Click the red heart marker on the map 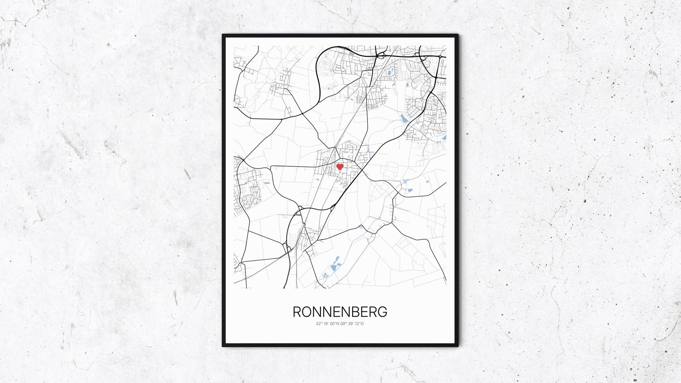(x=340, y=167)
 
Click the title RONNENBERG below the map (x=340, y=312)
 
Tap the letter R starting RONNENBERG (x=297, y=312)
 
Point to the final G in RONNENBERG (x=382, y=312)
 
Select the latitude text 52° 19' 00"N (x=328, y=324)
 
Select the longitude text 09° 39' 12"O (x=352, y=324)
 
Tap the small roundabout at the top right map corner (x=440, y=56)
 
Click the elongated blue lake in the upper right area (x=404, y=118)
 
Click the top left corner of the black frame (x=223, y=35)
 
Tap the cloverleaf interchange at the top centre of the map (x=381, y=55)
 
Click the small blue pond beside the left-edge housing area (x=267, y=183)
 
